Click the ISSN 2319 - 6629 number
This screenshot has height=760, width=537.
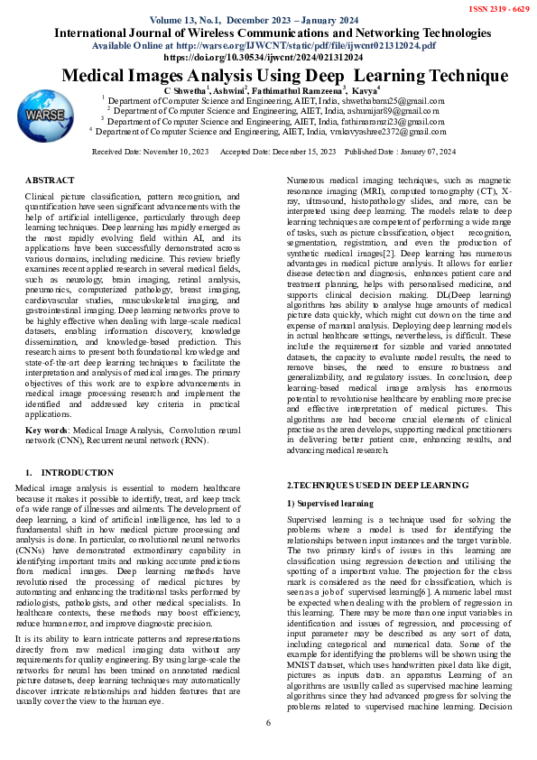click(497, 8)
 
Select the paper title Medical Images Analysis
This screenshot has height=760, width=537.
click(267, 77)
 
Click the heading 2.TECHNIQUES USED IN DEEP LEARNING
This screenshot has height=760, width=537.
click(376, 486)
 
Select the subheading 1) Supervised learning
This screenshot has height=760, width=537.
click(329, 502)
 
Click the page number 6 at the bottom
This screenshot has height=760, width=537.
click(268, 748)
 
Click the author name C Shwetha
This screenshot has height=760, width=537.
click(186, 90)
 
